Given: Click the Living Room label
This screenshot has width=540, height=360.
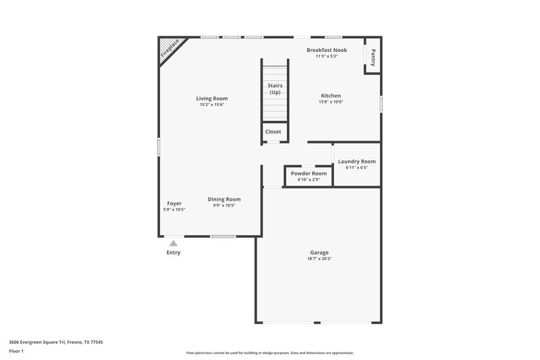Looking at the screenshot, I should pyautogui.click(x=211, y=99).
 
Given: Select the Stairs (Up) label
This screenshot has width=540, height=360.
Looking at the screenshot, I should pyautogui.click(x=275, y=88).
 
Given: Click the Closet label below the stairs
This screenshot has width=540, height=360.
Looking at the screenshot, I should pyautogui.click(x=273, y=132).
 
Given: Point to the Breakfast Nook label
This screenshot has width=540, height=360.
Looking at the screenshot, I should pyautogui.click(x=326, y=50).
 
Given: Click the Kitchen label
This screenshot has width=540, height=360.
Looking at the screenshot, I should pyautogui.click(x=331, y=96).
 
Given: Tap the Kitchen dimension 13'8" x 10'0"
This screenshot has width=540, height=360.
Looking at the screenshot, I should pyautogui.click(x=331, y=103).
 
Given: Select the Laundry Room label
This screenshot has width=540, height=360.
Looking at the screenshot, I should pyautogui.click(x=356, y=161).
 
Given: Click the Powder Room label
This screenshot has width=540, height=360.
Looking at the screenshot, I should pyautogui.click(x=308, y=174).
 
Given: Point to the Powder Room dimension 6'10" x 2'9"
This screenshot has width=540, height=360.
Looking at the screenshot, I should pyautogui.click(x=308, y=180).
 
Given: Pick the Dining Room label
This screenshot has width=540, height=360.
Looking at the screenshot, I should pyautogui.click(x=223, y=199).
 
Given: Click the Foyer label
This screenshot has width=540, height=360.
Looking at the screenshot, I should pyautogui.click(x=174, y=203).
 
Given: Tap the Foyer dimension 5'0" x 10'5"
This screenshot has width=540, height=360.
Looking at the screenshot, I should pyautogui.click(x=174, y=210).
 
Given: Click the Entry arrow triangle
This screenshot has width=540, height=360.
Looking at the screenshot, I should pyautogui.click(x=173, y=243).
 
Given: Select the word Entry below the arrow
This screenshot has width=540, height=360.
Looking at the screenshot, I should pyautogui.click(x=173, y=253).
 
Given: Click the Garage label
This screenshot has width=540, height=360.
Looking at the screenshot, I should pyautogui.click(x=320, y=253).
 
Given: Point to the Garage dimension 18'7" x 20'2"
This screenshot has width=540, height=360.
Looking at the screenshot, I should pyautogui.click(x=320, y=259).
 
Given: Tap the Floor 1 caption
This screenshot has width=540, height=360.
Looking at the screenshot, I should pyautogui.click(x=16, y=352).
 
